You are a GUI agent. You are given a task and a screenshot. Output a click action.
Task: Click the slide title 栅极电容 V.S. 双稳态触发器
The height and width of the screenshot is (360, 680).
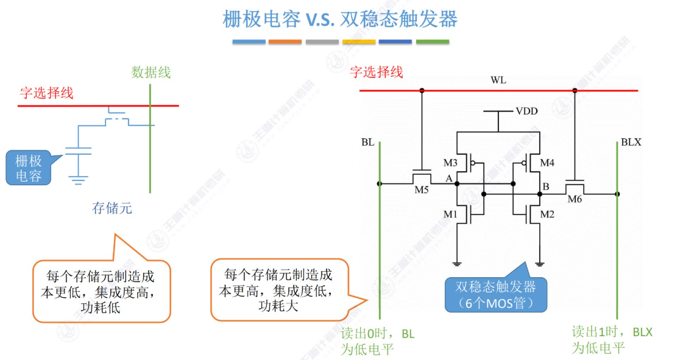click(340, 19)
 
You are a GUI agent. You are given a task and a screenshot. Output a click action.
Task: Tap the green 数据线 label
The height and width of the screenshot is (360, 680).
click(151, 72)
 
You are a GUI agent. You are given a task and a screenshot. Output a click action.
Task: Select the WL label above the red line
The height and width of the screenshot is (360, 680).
click(498, 80)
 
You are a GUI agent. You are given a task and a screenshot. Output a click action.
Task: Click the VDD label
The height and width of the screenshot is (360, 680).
click(527, 111)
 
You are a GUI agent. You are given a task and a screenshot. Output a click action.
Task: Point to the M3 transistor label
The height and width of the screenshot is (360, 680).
click(450, 163)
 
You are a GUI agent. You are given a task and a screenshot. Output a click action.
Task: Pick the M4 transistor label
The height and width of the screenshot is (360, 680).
click(547, 163)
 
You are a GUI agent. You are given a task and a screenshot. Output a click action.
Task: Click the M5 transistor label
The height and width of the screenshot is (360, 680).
click(422, 190)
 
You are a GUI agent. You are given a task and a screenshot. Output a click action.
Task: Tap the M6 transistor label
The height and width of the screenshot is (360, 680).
click(575, 199)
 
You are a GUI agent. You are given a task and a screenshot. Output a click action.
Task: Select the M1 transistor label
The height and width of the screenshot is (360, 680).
click(450, 214)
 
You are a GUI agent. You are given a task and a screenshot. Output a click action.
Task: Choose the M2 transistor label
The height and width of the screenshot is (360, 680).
click(547, 214)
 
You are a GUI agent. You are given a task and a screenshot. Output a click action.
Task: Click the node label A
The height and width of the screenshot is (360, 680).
click(449, 178)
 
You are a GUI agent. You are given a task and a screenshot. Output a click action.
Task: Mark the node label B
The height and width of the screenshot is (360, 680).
click(547, 186)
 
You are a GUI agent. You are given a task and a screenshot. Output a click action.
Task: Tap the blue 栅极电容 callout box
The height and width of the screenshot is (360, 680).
click(29, 168)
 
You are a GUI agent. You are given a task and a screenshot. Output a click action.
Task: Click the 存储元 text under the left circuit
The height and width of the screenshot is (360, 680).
click(112, 208)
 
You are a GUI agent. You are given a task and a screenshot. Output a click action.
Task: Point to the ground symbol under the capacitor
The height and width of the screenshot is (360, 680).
click(77, 178)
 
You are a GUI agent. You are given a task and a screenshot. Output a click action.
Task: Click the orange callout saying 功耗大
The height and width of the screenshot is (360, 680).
click(279, 290)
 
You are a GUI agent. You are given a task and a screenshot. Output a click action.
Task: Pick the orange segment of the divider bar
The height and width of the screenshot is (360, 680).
click(285, 42)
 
